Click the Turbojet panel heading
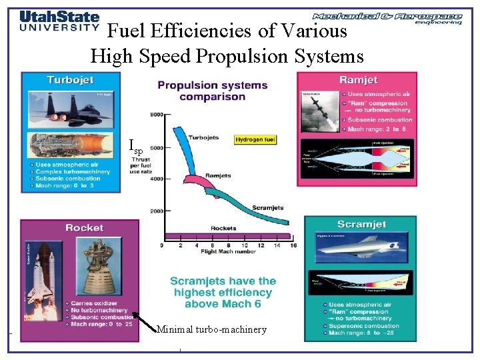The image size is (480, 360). (x=70, y=80)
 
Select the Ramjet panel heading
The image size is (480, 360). (x=358, y=80)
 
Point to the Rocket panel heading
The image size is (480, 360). (x=84, y=228)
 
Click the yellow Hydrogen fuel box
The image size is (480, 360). (x=255, y=139)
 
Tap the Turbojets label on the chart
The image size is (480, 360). (x=204, y=138)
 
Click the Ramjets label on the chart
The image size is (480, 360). (x=218, y=176)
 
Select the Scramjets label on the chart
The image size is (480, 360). (x=268, y=207)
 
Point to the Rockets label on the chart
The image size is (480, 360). (x=223, y=229)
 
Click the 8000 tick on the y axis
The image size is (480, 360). (x=156, y=115)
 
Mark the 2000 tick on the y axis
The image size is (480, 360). (x=156, y=211)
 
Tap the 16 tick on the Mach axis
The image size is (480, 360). (x=293, y=245)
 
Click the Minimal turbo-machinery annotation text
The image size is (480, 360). (x=211, y=329)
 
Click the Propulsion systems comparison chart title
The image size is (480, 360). (x=212, y=91)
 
